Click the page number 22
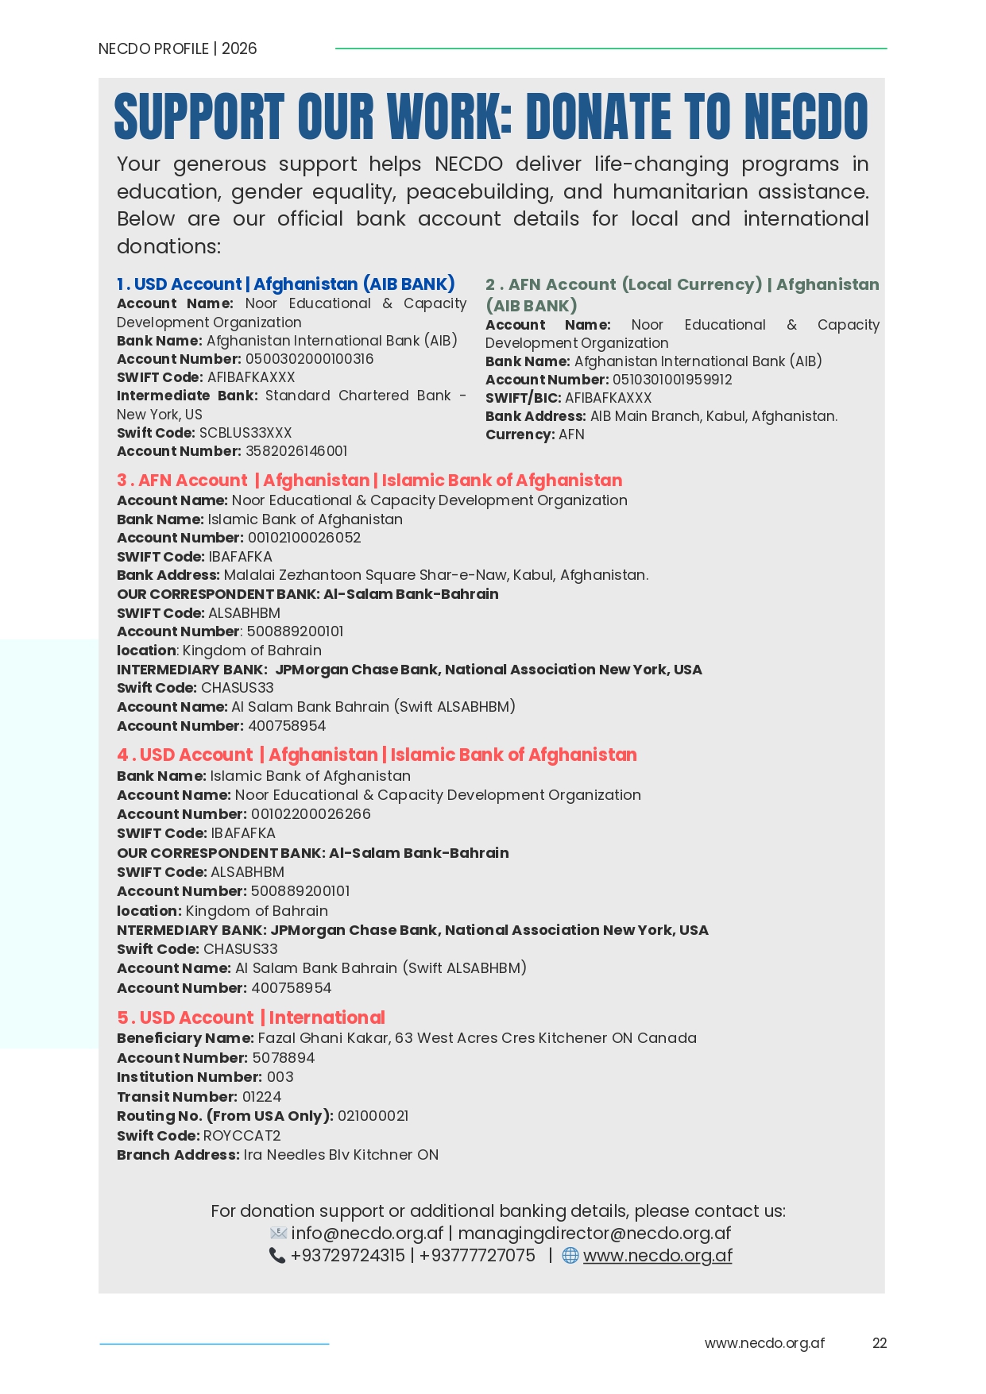(879, 1343)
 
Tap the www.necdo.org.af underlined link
(657, 1256)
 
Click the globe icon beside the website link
(570, 1255)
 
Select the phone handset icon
(276, 1256)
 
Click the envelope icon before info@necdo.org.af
(278, 1234)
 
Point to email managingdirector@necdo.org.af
(594, 1234)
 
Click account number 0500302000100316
(309, 359)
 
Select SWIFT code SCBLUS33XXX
(246, 433)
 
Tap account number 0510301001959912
(672, 380)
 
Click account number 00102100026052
(304, 538)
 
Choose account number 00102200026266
(311, 814)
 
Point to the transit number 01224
(261, 1097)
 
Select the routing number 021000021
(373, 1116)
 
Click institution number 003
(280, 1077)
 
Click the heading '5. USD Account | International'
(250, 1018)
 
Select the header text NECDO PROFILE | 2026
(177, 48)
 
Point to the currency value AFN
(571, 434)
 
